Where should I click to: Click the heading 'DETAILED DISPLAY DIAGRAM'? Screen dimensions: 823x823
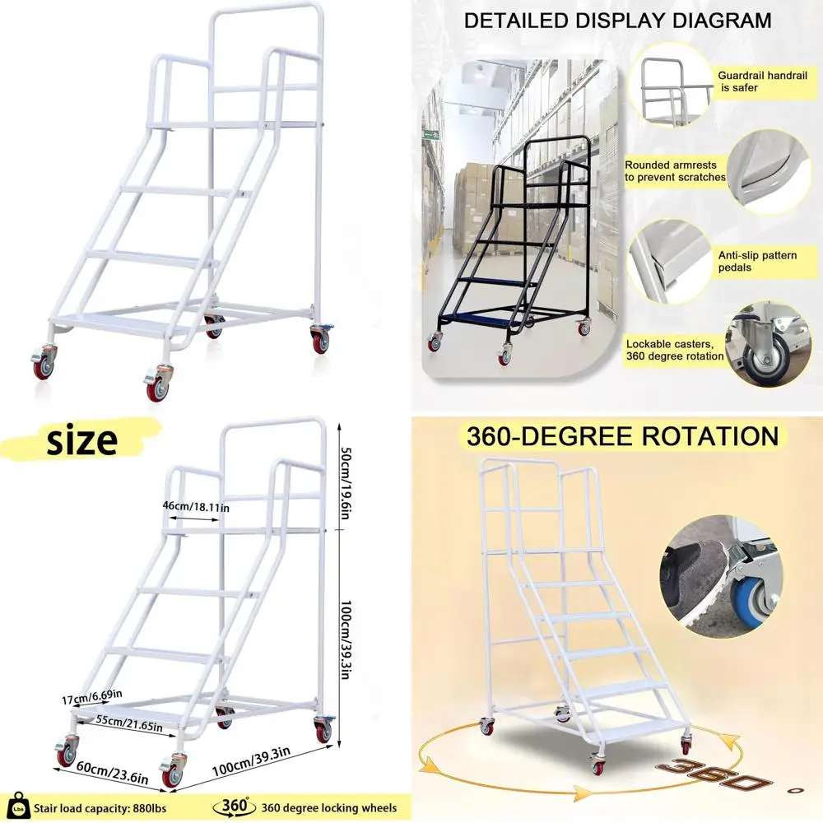pyautogui.click(x=617, y=21)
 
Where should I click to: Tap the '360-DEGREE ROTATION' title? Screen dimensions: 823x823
pyautogui.click(x=622, y=435)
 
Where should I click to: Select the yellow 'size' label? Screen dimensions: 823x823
pyautogui.click(x=82, y=441)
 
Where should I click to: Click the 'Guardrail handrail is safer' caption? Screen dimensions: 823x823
pyautogui.click(x=762, y=81)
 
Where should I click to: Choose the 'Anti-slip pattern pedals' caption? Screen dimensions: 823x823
pyautogui.click(x=757, y=261)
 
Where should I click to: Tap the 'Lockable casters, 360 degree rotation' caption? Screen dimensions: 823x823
pyautogui.click(x=675, y=350)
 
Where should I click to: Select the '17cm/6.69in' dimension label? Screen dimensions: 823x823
pyautogui.click(x=92, y=696)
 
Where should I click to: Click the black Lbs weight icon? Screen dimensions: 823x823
pyautogui.click(x=18, y=807)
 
